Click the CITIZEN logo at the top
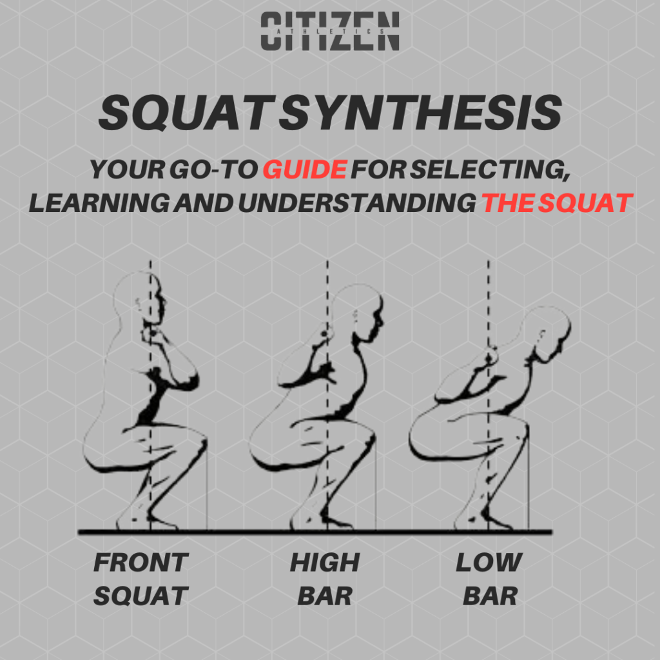pos(329,32)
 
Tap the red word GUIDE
pos(305,170)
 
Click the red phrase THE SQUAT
pos(556,202)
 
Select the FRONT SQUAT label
pos(141,579)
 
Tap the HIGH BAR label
pos(324,579)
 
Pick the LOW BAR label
pos(489,579)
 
